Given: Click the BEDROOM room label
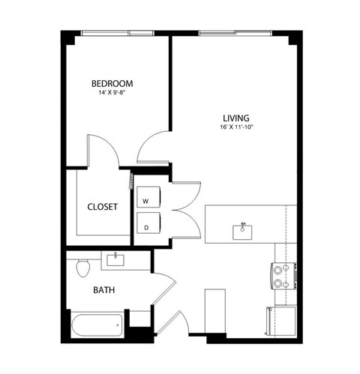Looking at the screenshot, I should coord(112,83).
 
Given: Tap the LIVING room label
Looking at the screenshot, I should coord(235,117).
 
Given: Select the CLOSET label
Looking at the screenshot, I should coord(102,208).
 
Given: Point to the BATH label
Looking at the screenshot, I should coord(103,289).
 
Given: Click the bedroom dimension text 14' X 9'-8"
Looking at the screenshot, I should coord(112,93).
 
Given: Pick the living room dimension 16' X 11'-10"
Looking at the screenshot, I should coord(235,127).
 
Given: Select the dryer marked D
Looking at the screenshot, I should coord(146,225).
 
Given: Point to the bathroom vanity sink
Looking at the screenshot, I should coord(116,260).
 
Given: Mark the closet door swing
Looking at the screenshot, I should coord(105,152).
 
